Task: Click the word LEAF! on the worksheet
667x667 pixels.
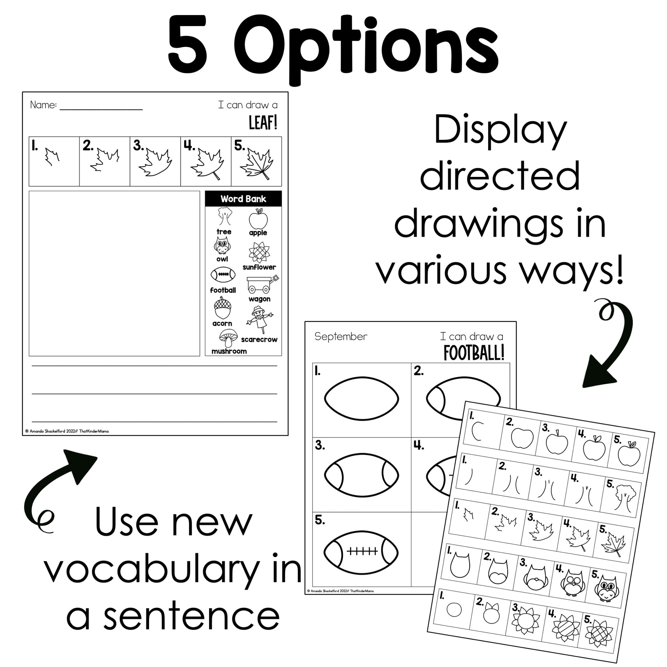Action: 263,123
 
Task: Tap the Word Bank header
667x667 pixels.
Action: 243,199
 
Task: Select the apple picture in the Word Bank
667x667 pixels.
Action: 258,219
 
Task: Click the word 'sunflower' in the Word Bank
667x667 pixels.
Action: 259,267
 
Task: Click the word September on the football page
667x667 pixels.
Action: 341,337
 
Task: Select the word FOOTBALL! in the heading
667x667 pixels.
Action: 474,353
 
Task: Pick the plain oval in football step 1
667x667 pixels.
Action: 362,398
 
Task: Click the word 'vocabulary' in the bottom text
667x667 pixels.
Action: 152,573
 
